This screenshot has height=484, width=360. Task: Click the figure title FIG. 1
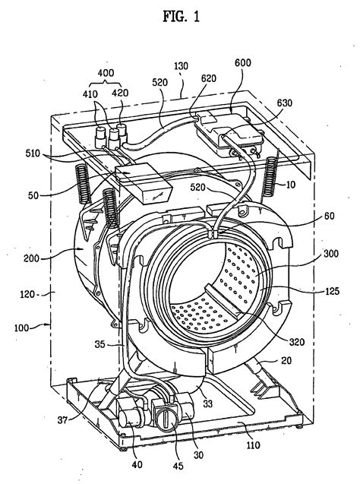(181, 17)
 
